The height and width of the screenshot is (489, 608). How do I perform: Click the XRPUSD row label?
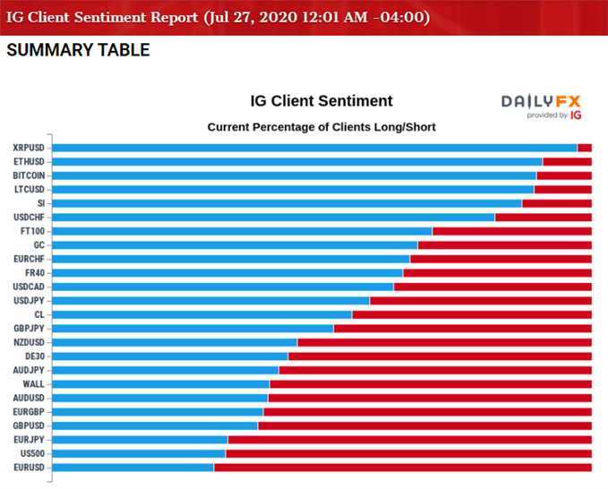(30, 148)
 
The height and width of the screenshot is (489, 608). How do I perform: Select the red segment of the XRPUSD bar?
(584, 148)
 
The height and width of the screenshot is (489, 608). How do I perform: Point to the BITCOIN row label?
(29, 176)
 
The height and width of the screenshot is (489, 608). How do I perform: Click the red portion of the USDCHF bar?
(543, 217)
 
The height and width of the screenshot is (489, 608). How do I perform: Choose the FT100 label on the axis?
(32, 231)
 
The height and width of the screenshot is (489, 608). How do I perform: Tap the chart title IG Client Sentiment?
(321, 101)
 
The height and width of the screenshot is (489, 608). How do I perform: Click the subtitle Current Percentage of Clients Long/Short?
(321, 127)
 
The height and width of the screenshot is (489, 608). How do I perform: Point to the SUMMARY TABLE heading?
(78, 50)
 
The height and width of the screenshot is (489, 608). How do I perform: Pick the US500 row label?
(32, 454)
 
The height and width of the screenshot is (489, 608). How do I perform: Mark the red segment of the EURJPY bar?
(409, 440)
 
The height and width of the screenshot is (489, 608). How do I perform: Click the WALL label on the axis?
(34, 384)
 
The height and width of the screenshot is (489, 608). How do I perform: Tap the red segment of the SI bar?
(556, 203)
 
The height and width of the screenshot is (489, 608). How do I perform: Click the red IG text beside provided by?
(576, 116)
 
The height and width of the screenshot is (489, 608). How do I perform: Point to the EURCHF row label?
(30, 259)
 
